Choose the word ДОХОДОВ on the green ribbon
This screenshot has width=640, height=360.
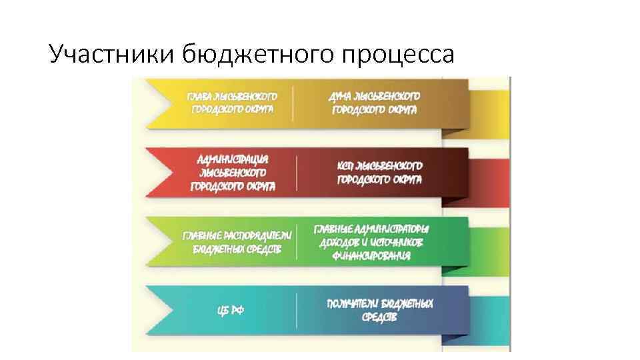click(342, 242)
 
